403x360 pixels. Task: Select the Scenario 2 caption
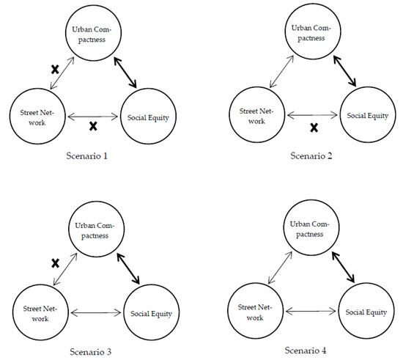coord(310,156)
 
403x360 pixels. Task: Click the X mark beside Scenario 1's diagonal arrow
coord(53,70)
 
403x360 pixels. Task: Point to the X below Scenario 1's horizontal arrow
coord(93,126)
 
